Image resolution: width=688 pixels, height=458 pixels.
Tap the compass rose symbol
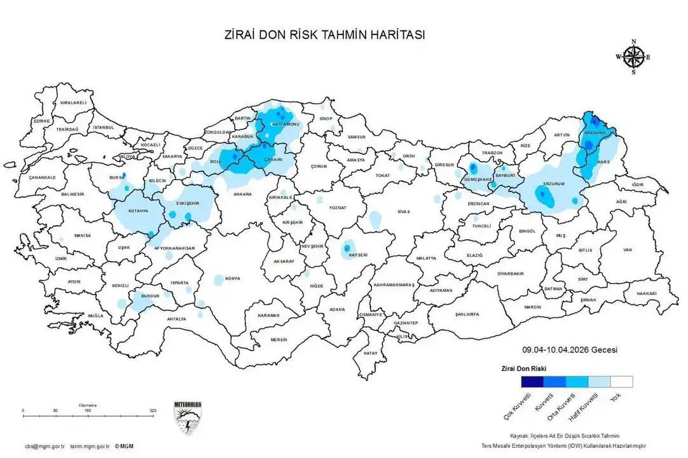click(633, 57)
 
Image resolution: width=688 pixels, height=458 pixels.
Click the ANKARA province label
click(242, 194)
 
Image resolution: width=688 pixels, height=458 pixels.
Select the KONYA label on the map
click(233, 279)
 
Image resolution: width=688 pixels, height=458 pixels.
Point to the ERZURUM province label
click(554, 184)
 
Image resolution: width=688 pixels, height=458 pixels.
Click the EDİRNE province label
click(42, 121)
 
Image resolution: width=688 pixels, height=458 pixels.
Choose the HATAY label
click(370, 352)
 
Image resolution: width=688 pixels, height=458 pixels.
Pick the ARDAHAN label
click(596, 133)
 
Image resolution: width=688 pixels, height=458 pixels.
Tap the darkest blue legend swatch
click(532, 382)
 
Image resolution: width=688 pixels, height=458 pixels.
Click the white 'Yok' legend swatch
click(621, 382)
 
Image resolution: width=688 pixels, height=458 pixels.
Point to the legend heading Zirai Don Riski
click(523, 368)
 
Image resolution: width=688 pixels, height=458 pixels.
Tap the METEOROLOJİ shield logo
click(187, 417)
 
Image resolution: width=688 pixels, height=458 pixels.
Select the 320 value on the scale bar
click(153, 411)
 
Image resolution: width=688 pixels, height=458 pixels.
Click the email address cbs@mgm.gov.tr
click(45, 447)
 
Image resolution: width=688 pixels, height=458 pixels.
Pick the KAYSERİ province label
click(358, 255)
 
